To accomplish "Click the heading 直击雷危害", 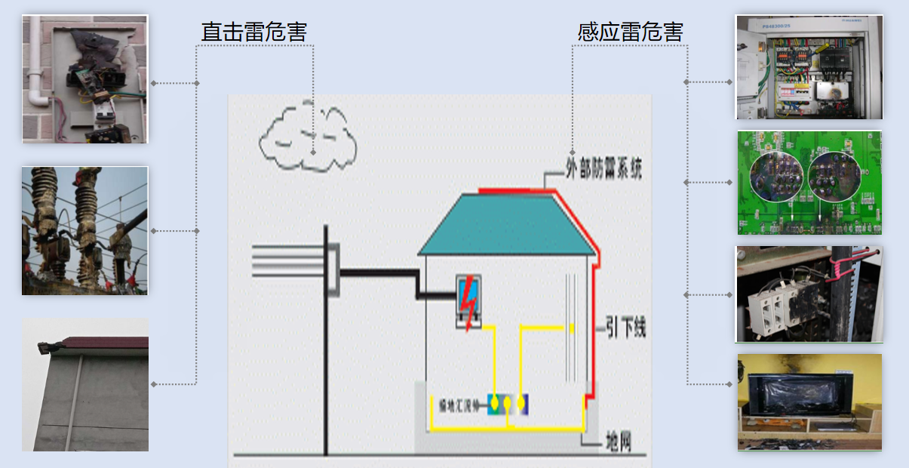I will tap(253, 32).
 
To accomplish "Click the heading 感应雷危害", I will tap(631, 32).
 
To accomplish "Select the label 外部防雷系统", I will tap(603, 171).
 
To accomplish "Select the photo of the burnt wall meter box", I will tap(85, 79).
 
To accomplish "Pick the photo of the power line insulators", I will tap(85, 230).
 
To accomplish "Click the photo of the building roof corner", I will tap(85, 385).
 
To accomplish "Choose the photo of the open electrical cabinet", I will tap(809, 67).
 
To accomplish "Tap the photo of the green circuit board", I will tap(809, 183).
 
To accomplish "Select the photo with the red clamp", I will tap(809, 294).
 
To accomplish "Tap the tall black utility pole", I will tap(326, 340).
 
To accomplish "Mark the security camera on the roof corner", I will tap(49, 348).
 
